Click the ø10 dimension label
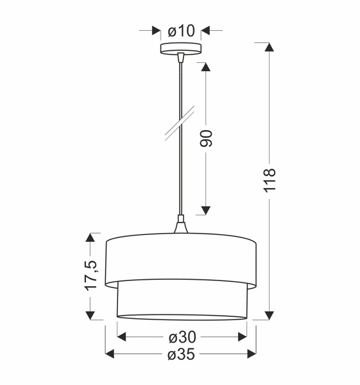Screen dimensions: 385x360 tap(181, 30)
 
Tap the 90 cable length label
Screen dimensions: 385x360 tap(206, 139)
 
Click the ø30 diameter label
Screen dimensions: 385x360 tap(182, 337)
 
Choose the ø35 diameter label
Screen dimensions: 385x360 tap(181, 355)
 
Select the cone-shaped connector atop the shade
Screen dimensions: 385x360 tap(181, 227)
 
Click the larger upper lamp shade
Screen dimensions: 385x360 tap(181, 260)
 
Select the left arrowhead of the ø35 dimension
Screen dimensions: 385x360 tap(110, 355)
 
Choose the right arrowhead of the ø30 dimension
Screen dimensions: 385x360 tap(242, 337)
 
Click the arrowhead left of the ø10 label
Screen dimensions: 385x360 tap(156, 30)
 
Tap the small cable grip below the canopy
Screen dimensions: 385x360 tap(181, 58)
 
